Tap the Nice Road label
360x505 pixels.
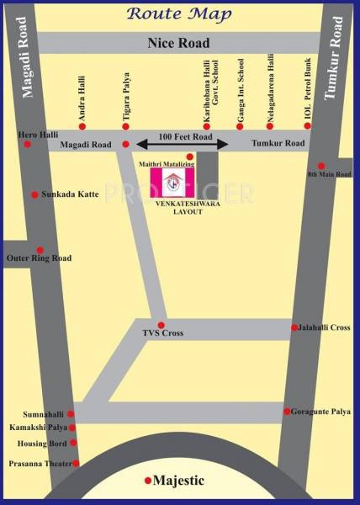177,43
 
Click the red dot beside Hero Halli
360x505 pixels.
27,144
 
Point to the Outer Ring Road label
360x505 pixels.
39,258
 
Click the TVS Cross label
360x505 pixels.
161,334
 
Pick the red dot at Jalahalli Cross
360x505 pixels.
294,327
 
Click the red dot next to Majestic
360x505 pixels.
148,481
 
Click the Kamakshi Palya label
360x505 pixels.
38,428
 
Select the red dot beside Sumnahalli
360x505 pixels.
71,414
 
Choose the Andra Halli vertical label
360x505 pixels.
82,100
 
